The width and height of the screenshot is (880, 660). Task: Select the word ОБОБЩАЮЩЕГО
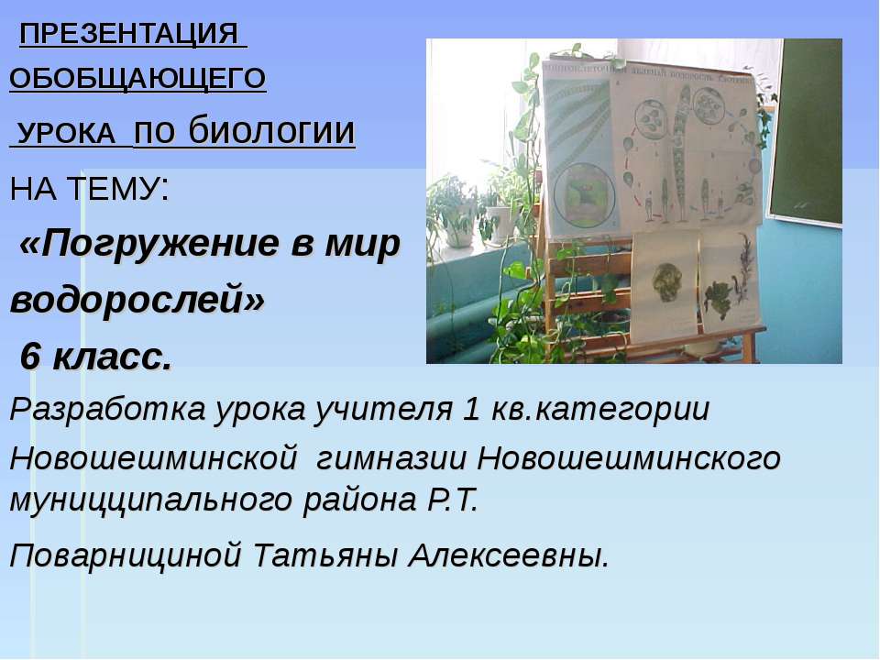pyautogui.click(x=137, y=79)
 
